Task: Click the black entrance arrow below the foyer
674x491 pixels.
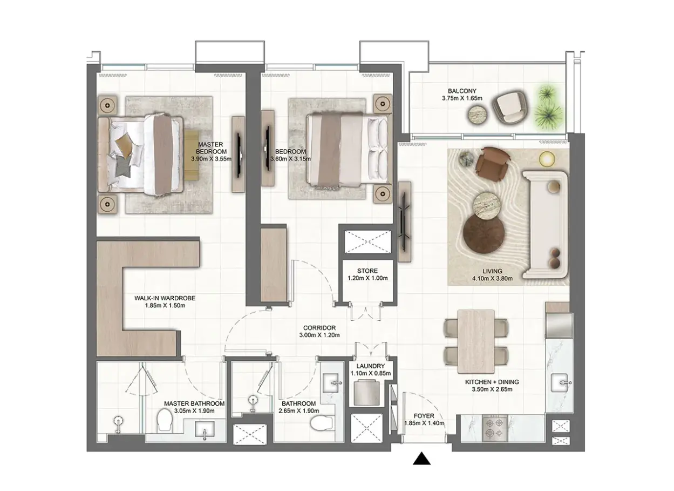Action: click(x=421, y=458)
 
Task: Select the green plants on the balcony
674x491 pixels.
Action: click(x=548, y=107)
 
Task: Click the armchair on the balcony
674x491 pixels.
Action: click(x=509, y=107)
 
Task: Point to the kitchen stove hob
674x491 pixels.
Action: click(x=495, y=428)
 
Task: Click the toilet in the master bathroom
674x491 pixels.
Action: click(x=165, y=419)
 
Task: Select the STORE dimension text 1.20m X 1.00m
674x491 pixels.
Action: click(x=367, y=278)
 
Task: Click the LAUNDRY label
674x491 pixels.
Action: click(x=370, y=366)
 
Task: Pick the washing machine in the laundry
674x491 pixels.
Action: click(x=366, y=393)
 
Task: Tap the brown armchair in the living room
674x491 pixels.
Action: click(x=493, y=164)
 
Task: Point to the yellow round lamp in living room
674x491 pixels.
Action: click(x=547, y=159)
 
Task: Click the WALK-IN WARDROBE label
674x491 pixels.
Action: click(x=165, y=298)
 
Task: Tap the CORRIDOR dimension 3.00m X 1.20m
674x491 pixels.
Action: click(x=319, y=335)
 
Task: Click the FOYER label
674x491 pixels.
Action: click(x=424, y=416)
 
